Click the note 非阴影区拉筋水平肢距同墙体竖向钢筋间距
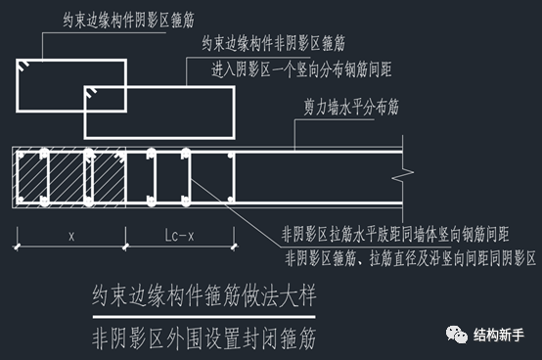pyautogui.click(x=395, y=235)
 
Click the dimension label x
pyautogui.click(x=73, y=235)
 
